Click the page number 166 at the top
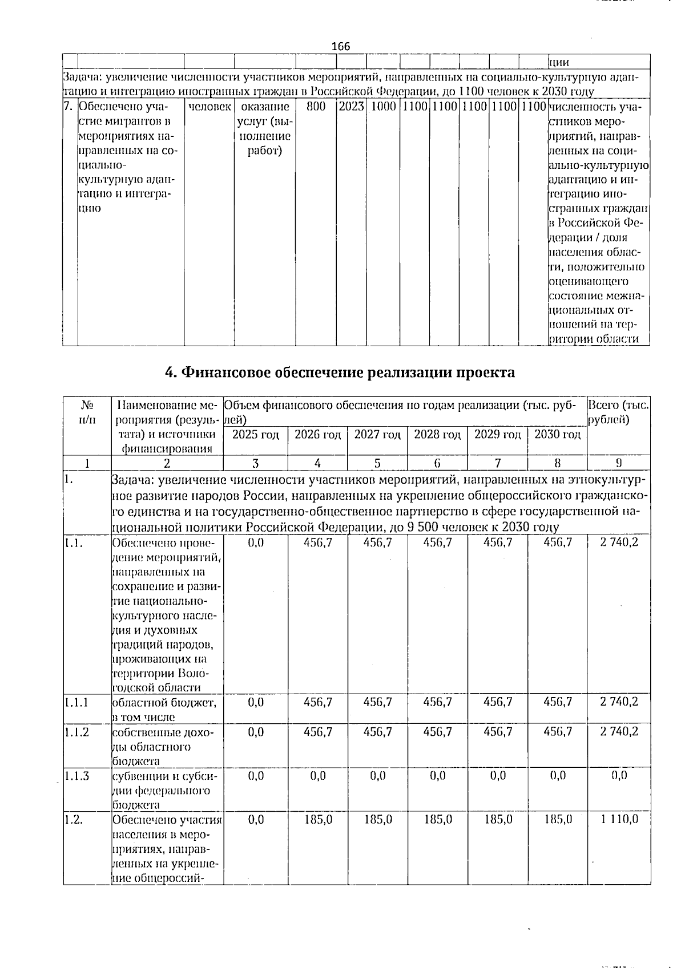click(x=341, y=46)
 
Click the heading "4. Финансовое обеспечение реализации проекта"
click(x=340, y=372)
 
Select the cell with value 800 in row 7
click(x=316, y=107)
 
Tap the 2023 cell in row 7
click(x=351, y=107)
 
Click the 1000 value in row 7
click(x=383, y=107)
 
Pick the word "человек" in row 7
click(x=209, y=107)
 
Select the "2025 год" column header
click(x=256, y=435)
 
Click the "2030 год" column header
click(x=557, y=435)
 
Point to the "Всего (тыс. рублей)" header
click(x=618, y=412)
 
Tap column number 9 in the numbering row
click(x=618, y=463)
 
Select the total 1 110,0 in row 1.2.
click(x=619, y=820)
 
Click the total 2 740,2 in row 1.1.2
click(x=619, y=731)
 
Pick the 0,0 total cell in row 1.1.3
click(x=619, y=776)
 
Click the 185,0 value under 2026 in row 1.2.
click(x=318, y=820)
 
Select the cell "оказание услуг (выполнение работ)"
click(x=265, y=129)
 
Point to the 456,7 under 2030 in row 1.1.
click(x=557, y=542)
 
